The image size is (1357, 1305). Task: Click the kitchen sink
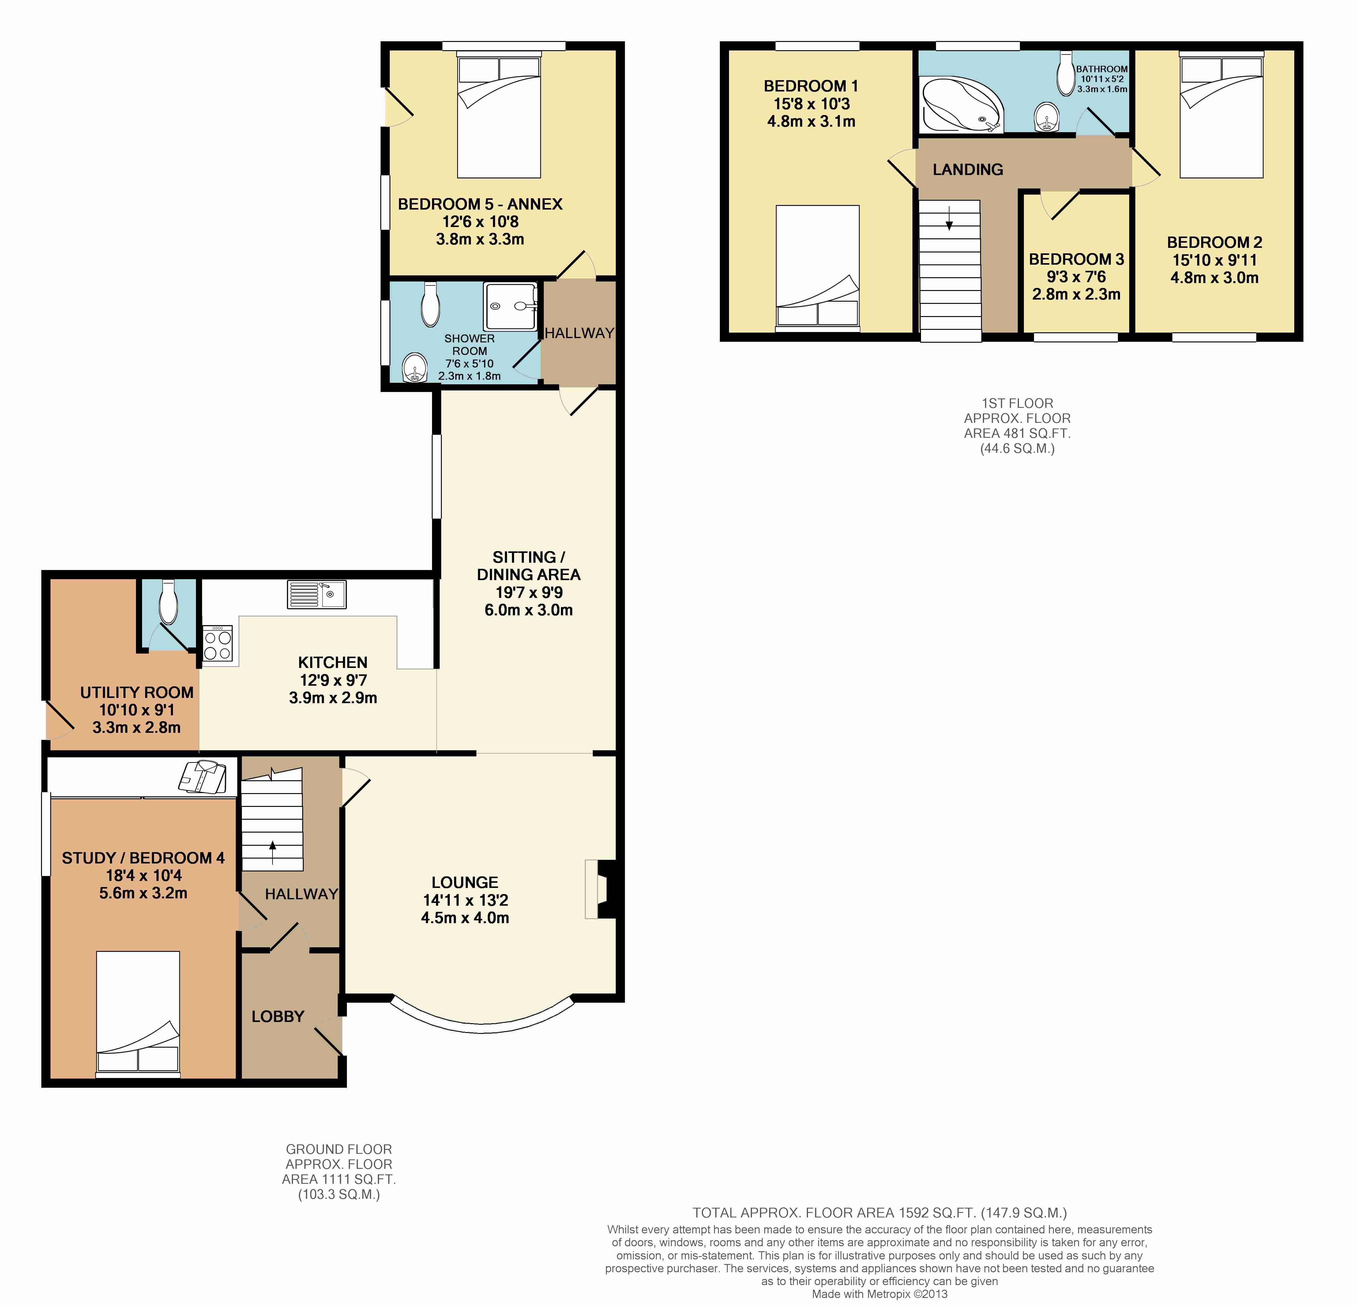tap(316, 595)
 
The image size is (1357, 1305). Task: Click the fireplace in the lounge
tap(600, 889)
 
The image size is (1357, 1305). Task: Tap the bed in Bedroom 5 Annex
tap(498, 117)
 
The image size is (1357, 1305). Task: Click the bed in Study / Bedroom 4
tap(138, 1014)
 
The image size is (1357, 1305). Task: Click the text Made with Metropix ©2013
tap(879, 1294)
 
